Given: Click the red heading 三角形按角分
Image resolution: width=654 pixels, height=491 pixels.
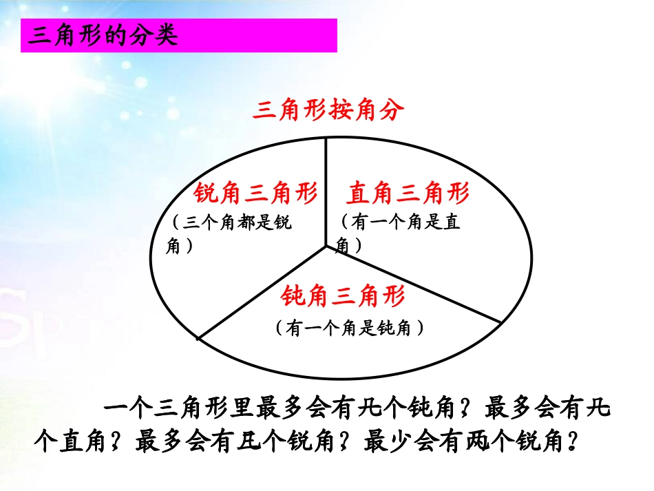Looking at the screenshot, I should click(328, 111).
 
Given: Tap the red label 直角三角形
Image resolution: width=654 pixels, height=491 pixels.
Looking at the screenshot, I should click(408, 194).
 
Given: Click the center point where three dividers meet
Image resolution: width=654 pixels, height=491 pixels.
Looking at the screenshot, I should click(326, 247).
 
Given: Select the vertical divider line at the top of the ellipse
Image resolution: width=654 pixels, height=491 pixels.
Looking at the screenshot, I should click(326, 186).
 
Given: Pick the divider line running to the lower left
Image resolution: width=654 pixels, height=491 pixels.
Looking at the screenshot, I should click(262, 293).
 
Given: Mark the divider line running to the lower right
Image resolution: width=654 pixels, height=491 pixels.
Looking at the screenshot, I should click(413, 284).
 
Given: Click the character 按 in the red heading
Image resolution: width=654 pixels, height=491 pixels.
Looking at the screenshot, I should click(327, 111).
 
